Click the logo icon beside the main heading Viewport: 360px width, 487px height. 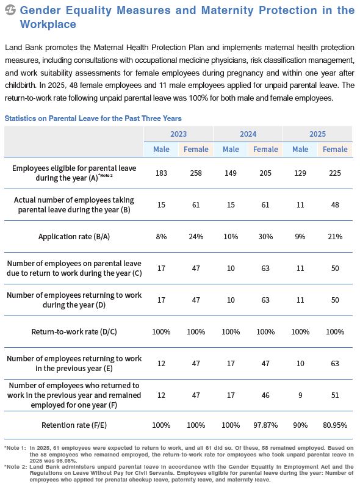(x=10, y=10)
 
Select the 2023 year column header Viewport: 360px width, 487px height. (x=178, y=134)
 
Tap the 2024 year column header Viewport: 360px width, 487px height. (x=248, y=134)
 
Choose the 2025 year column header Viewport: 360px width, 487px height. (x=317, y=134)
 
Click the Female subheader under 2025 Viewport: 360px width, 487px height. (x=335, y=150)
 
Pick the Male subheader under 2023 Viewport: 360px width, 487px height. (x=161, y=150)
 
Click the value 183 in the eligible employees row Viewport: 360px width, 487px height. (x=161, y=173)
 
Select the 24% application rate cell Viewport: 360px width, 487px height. (x=196, y=237)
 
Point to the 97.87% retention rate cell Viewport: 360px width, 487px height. (x=265, y=425)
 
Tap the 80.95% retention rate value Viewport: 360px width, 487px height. (x=335, y=425)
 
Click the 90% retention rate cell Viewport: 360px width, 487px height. (x=300, y=425)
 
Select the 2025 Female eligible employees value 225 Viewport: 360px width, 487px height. (x=335, y=173)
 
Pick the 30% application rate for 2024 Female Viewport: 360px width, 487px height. (x=265, y=237)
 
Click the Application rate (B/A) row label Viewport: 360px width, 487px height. (x=74, y=237)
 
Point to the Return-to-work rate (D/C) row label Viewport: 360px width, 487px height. (x=74, y=332)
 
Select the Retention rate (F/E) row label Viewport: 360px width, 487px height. (x=74, y=425)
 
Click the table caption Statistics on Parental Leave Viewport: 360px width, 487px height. (x=93, y=118)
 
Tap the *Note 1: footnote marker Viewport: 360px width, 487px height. (x=15, y=448)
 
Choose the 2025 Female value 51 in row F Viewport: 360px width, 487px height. (x=335, y=395)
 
